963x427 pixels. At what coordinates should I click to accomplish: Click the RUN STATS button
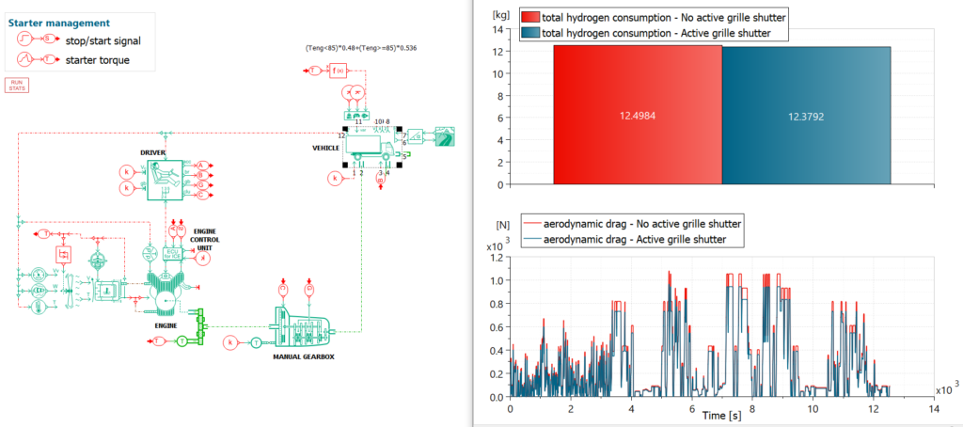pyautogui.click(x=17, y=85)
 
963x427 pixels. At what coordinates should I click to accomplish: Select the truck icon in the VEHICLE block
pyautogui.click(x=371, y=147)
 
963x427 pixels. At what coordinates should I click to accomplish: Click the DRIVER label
pyautogui.click(x=153, y=152)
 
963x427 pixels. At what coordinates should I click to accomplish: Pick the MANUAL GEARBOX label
pyautogui.click(x=303, y=357)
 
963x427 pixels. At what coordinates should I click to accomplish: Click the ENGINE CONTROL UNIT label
pyautogui.click(x=205, y=239)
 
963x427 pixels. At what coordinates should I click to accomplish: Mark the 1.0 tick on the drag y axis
pyautogui.click(x=497, y=280)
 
